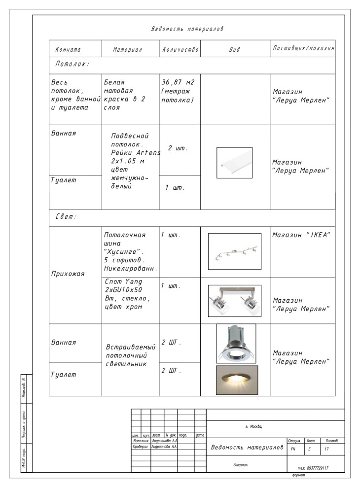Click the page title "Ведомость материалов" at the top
point(187,30)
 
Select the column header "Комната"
point(68,50)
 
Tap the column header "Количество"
point(180,50)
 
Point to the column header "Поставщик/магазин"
point(303,49)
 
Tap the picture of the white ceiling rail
point(234,162)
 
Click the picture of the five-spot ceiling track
point(235,251)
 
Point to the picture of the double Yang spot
point(235,301)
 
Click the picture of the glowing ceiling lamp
point(237,379)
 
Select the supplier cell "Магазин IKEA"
point(301,235)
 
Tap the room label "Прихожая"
point(68,274)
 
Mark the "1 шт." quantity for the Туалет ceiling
point(175,188)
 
